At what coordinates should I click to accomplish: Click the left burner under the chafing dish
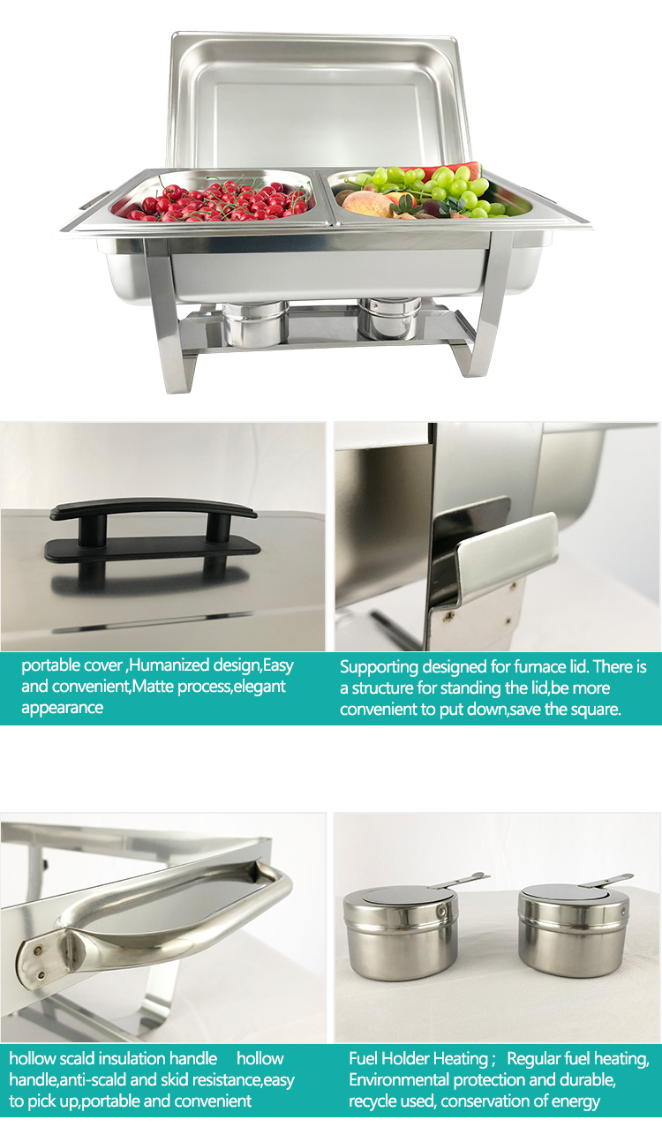point(254,323)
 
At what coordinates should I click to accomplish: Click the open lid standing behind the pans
point(318,97)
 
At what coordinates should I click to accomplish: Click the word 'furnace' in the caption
point(519,668)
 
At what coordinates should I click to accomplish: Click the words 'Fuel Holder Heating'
point(418,1058)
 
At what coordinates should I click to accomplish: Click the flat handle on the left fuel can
point(461,880)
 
